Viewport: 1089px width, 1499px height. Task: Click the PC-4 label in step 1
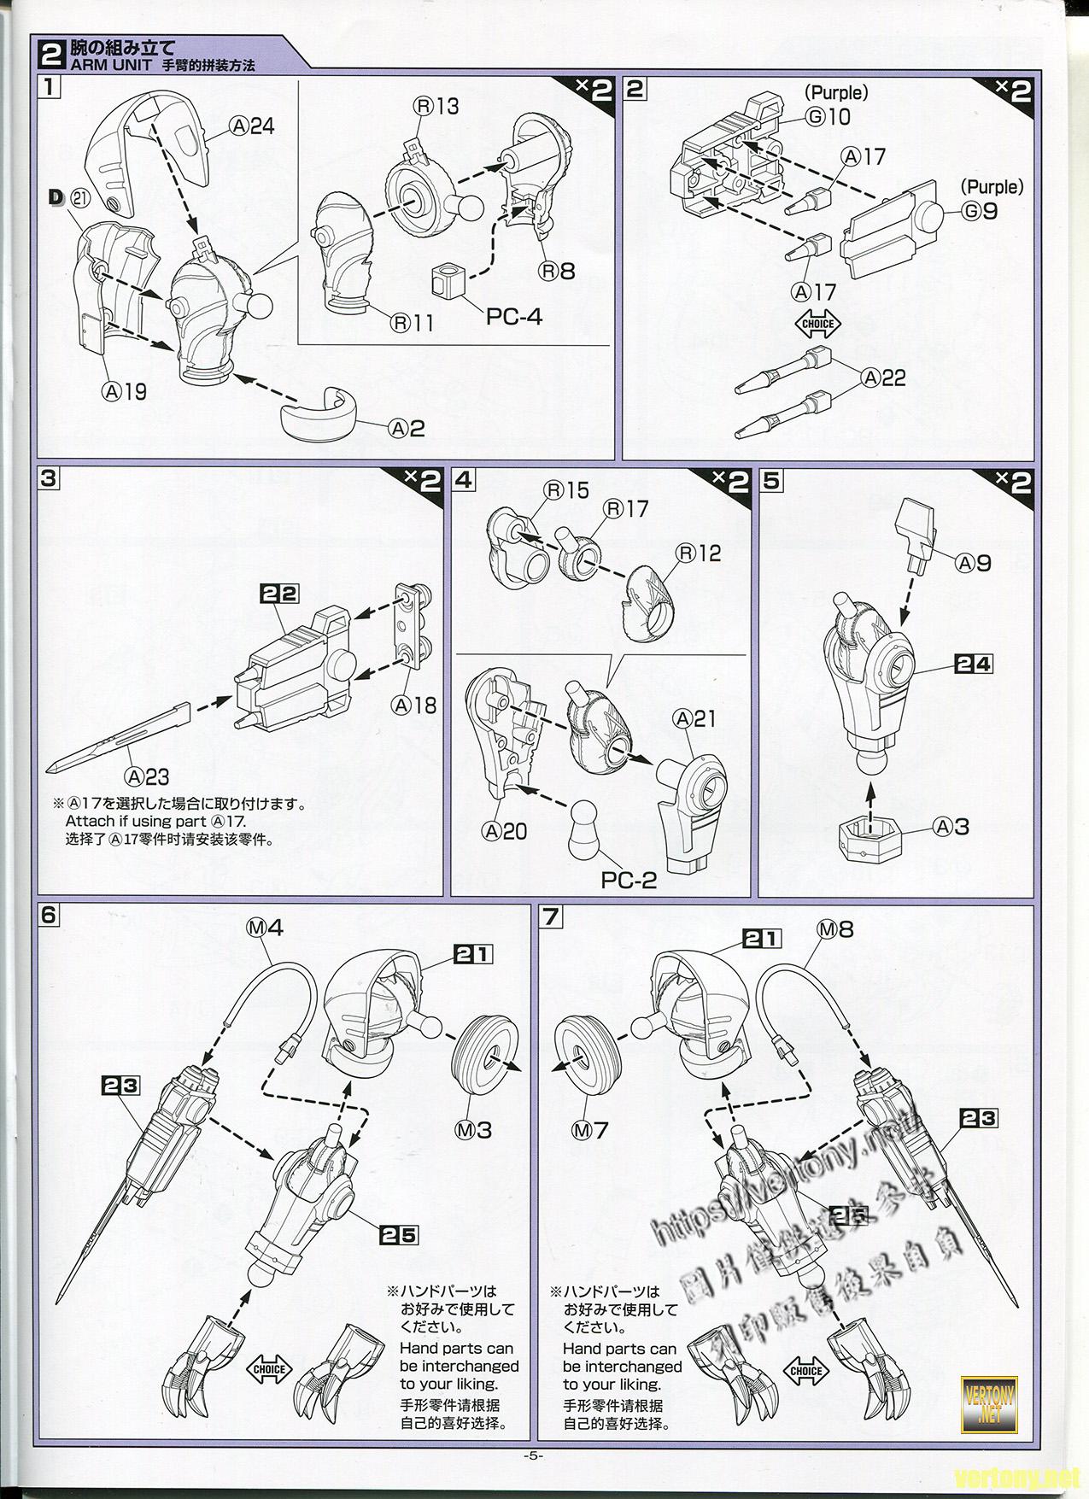[x=513, y=316]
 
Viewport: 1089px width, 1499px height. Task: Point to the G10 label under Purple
[x=828, y=116]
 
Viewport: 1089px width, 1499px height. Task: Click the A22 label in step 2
[x=883, y=377]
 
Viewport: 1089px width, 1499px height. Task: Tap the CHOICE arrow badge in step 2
[x=817, y=324]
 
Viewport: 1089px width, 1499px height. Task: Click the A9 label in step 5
[x=974, y=563]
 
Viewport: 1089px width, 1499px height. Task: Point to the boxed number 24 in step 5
[x=973, y=663]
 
